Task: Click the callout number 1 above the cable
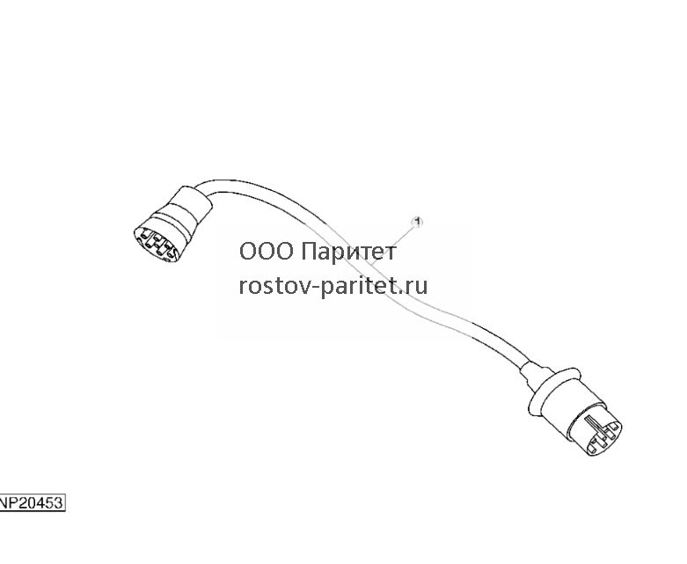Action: (x=418, y=222)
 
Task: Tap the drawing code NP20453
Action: (x=32, y=502)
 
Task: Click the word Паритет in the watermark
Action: (x=348, y=252)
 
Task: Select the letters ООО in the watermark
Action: (x=267, y=252)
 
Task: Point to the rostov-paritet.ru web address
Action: (x=333, y=286)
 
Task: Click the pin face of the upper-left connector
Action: (x=156, y=245)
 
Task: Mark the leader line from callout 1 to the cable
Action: (x=392, y=244)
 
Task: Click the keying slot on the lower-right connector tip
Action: (x=592, y=423)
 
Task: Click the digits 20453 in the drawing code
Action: (x=40, y=502)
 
